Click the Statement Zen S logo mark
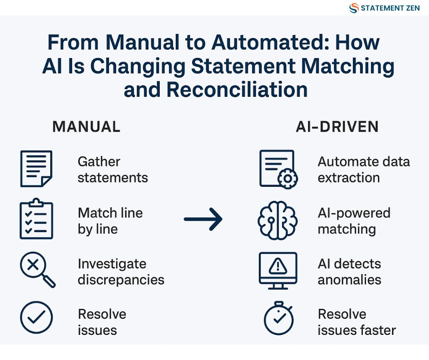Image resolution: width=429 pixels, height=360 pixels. [354, 8]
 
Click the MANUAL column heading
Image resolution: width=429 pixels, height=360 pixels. [86, 127]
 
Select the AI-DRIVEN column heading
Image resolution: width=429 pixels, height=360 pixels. [337, 127]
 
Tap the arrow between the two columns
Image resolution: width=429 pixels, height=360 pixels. [203, 219]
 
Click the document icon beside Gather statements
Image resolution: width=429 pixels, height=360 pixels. [37, 169]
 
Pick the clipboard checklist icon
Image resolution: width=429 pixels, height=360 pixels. [37, 219]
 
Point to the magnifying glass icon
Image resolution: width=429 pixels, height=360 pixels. [37, 270]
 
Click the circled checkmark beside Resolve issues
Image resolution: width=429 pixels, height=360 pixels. [37, 317]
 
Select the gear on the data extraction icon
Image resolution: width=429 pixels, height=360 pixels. [288, 179]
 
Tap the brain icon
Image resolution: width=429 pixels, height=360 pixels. [277, 220]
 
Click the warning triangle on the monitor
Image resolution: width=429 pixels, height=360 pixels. [278, 266]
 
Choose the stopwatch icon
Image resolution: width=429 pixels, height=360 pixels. [278, 318]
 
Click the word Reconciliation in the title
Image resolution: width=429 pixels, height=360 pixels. [237, 90]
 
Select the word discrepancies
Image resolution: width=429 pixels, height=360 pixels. [121, 280]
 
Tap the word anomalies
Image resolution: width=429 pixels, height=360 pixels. [350, 280]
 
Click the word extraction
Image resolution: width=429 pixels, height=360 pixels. [349, 178]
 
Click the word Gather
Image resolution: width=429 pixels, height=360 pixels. [99, 161]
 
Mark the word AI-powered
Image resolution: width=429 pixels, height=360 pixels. [354, 213]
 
